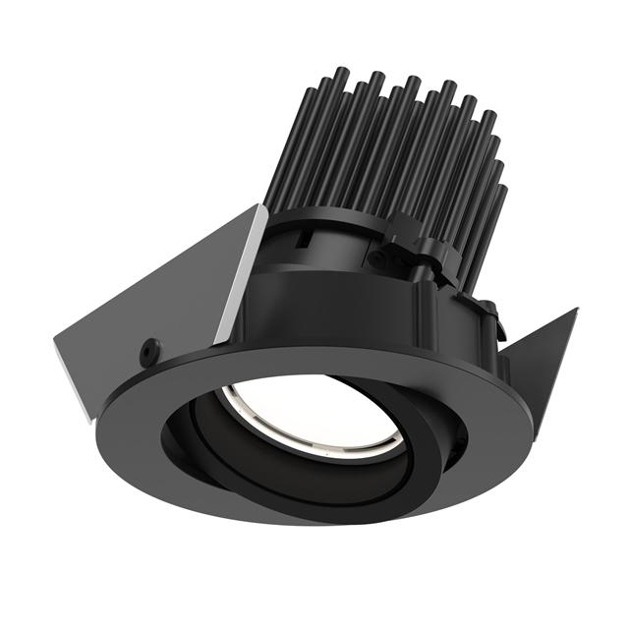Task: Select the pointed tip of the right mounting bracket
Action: tap(572, 311)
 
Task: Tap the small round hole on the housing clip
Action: tap(375, 259)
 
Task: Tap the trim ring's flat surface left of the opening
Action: tap(138, 413)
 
